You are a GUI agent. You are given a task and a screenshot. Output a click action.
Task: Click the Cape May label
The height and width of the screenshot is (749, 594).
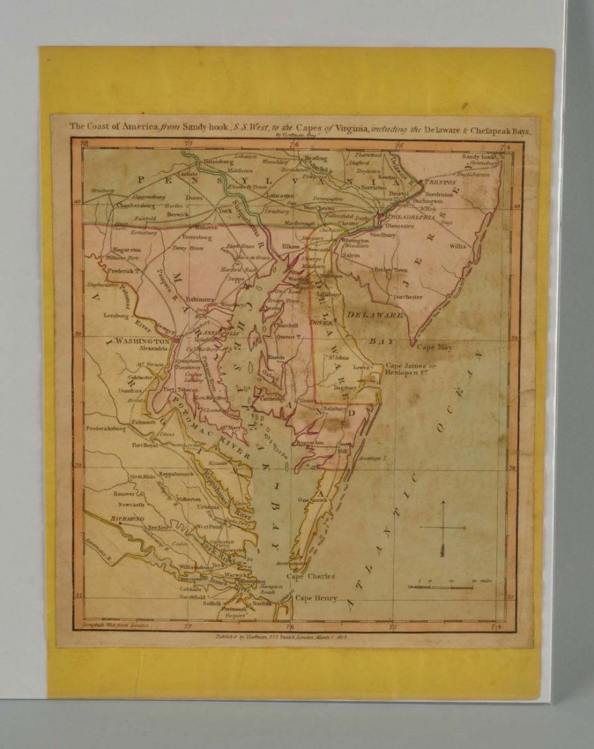pyautogui.click(x=435, y=347)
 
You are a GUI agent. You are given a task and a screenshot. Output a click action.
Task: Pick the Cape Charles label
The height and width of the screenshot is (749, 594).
pyautogui.click(x=310, y=576)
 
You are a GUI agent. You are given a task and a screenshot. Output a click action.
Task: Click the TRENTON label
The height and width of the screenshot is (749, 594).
pyautogui.click(x=439, y=182)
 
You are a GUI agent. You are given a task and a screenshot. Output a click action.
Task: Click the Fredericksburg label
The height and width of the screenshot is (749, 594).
pyautogui.click(x=106, y=429)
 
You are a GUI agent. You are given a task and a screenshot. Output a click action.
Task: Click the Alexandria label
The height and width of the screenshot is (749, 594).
pyautogui.click(x=153, y=348)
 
